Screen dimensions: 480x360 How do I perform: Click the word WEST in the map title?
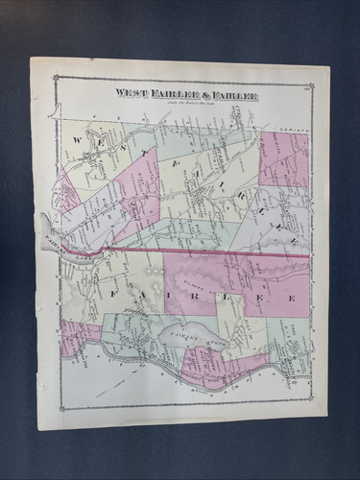[132, 93]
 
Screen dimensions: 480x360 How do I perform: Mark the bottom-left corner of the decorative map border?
[56, 410]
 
